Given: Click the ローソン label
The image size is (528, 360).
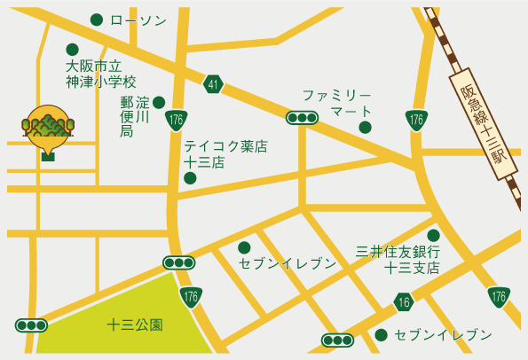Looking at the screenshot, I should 138,20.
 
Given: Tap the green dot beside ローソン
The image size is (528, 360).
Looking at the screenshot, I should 97,20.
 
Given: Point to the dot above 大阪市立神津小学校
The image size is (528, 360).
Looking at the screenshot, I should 73,50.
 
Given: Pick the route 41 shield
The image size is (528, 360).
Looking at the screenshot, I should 212,84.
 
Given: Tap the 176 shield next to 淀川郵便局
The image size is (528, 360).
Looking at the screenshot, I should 175,120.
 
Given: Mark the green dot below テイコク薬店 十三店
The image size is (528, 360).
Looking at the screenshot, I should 190,178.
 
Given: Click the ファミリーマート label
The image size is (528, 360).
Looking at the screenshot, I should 336,102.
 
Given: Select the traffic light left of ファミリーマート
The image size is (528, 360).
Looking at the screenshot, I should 303,117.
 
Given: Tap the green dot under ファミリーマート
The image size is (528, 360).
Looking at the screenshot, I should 365,127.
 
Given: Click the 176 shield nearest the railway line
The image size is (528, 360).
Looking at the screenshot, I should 415,119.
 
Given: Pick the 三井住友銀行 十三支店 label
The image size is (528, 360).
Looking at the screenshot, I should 398,259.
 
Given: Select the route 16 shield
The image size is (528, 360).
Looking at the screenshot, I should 404,302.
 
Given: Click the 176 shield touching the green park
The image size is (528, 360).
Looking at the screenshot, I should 190,296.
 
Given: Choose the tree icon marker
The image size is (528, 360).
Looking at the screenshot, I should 47,131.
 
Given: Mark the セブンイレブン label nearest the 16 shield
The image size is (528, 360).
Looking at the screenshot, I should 443,334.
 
